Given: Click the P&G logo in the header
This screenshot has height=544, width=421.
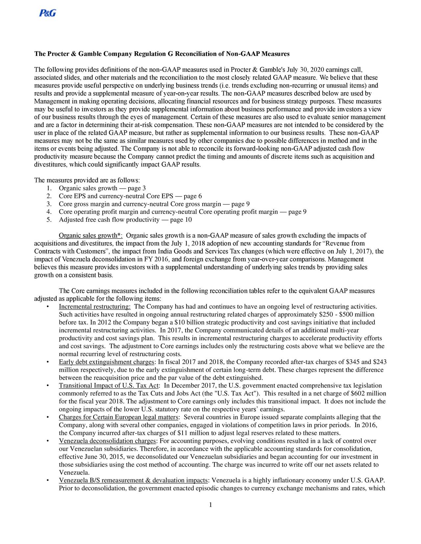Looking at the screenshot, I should click(47, 13).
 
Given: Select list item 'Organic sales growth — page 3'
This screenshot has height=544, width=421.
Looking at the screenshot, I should click(102, 188).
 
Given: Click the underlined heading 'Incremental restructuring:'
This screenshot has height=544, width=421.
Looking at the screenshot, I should click(95, 307).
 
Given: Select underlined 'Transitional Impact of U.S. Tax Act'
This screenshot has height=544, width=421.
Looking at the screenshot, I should click(109, 386).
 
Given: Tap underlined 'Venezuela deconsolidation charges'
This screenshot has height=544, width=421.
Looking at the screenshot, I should click(108, 441).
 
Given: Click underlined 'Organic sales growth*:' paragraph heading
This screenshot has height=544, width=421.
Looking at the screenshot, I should click(91, 236).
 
